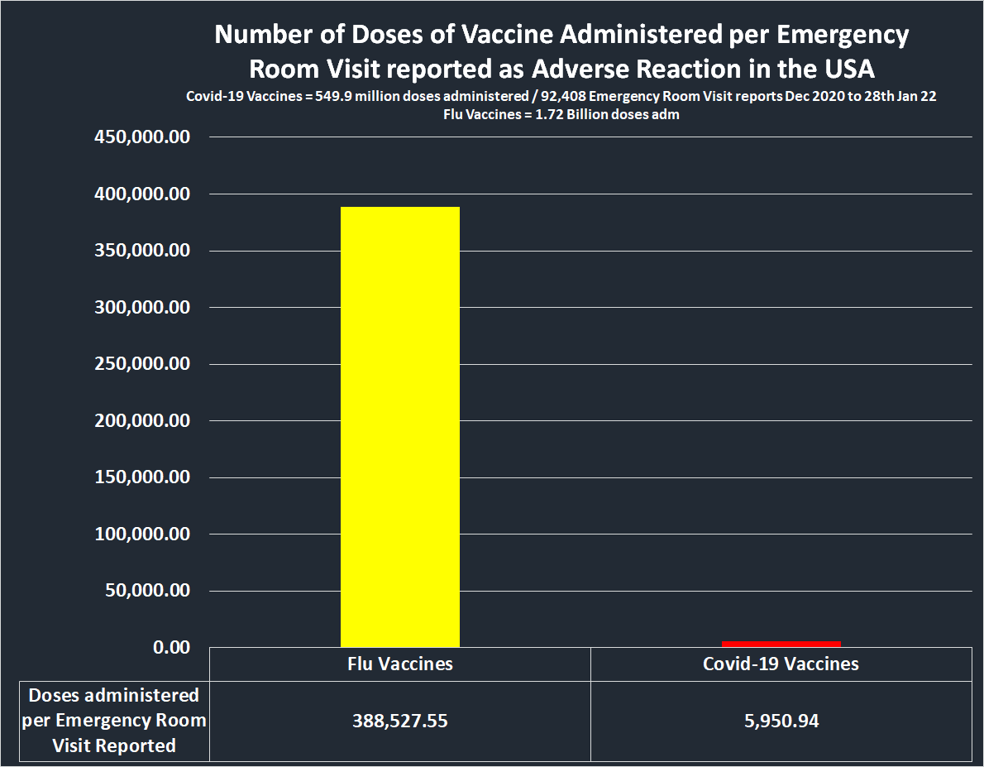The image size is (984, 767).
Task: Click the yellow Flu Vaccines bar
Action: tap(399, 426)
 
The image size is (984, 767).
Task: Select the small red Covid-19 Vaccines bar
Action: tap(781, 644)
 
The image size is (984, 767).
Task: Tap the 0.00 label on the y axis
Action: tap(171, 647)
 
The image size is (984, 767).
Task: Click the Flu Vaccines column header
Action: tap(399, 664)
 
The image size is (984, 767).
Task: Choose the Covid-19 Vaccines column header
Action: tap(781, 664)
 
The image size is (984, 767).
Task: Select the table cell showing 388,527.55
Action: tap(399, 721)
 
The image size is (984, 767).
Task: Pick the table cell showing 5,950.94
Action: tap(781, 721)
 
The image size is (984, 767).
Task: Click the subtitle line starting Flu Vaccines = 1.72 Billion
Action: tap(561, 115)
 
